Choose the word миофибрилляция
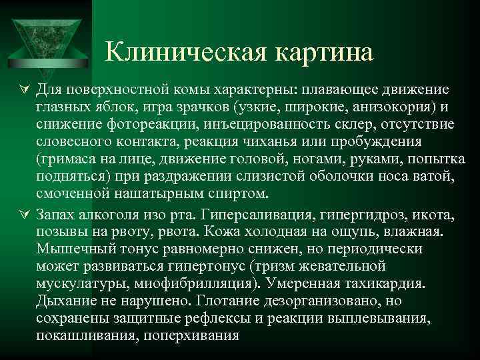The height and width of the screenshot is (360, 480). (197, 283)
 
